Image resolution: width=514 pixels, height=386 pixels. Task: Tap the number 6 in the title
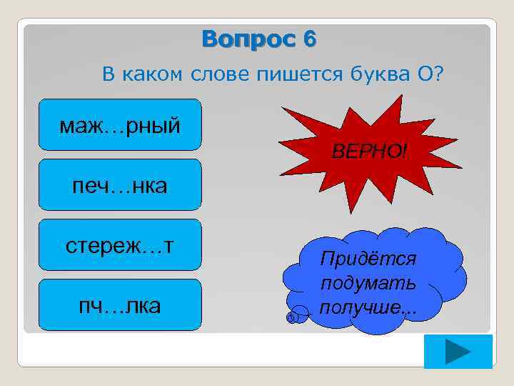pyautogui.click(x=308, y=39)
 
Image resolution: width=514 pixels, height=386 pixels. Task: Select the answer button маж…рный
pyautogui.click(x=120, y=125)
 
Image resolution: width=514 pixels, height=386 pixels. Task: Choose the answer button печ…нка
pyautogui.click(x=120, y=185)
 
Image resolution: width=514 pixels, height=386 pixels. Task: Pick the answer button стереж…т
pyautogui.click(x=120, y=245)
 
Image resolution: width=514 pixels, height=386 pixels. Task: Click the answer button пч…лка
pyautogui.click(x=120, y=305)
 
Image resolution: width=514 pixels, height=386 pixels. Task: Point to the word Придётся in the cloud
pyautogui.click(x=370, y=258)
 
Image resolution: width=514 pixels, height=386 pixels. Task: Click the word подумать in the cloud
pyautogui.click(x=368, y=283)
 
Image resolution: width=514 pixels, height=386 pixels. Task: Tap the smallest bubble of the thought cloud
pyautogui.click(x=291, y=317)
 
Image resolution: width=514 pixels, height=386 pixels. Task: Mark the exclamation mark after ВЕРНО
pyautogui.click(x=405, y=152)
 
